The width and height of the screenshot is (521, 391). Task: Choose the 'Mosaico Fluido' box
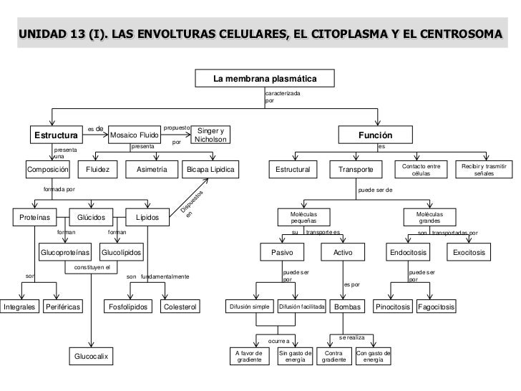pyautogui.click(x=134, y=135)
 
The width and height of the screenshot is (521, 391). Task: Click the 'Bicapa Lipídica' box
pyautogui.click(x=211, y=170)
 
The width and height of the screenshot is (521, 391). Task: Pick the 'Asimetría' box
pyautogui.click(x=151, y=170)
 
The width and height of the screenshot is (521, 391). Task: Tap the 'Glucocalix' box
pyautogui.click(x=91, y=356)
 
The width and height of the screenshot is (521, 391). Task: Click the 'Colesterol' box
pyautogui.click(x=180, y=307)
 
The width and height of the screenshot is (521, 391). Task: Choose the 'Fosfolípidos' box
pyautogui.click(x=130, y=307)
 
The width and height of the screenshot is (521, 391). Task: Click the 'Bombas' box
pyautogui.click(x=347, y=307)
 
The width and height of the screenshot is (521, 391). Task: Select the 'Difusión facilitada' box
pyautogui.click(x=301, y=307)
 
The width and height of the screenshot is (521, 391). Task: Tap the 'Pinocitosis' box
pyautogui.click(x=394, y=307)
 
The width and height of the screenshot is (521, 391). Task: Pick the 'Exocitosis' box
pyautogui.click(x=469, y=253)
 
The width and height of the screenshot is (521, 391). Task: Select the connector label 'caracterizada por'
pyautogui.click(x=282, y=97)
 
